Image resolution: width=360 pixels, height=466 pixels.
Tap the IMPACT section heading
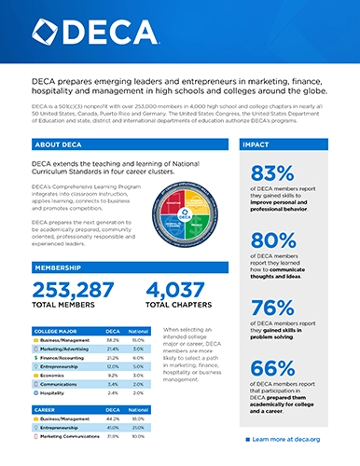pos(259,146)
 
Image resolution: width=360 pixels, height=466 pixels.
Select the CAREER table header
pos(48,409)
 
